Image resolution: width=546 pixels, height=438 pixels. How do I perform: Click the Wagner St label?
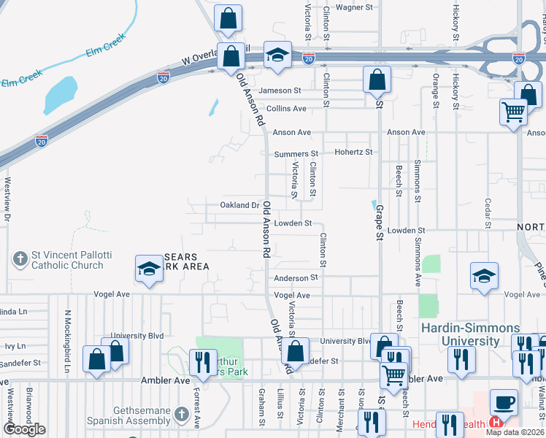(x=354, y=7)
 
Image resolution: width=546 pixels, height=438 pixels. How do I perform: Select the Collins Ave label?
(x=286, y=109)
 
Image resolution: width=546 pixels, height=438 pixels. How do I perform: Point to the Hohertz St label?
(x=354, y=153)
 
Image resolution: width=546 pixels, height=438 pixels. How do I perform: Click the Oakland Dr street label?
(x=240, y=206)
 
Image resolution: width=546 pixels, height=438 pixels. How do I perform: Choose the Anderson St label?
(x=296, y=278)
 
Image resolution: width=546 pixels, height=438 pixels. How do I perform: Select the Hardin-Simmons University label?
(x=471, y=334)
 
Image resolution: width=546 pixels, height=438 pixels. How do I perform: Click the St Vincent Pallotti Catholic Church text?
(x=72, y=260)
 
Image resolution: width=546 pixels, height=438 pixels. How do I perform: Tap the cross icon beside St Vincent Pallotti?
(x=20, y=258)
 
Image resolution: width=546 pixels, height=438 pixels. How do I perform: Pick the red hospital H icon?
(x=496, y=422)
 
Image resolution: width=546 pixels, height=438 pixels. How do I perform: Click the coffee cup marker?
(x=502, y=401)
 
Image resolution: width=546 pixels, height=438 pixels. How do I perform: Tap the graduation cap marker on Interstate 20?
(x=277, y=55)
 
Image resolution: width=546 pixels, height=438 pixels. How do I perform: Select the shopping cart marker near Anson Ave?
(x=513, y=112)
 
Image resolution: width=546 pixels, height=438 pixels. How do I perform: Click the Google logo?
(x=24, y=429)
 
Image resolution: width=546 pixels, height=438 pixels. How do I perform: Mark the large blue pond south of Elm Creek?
(x=61, y=93)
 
